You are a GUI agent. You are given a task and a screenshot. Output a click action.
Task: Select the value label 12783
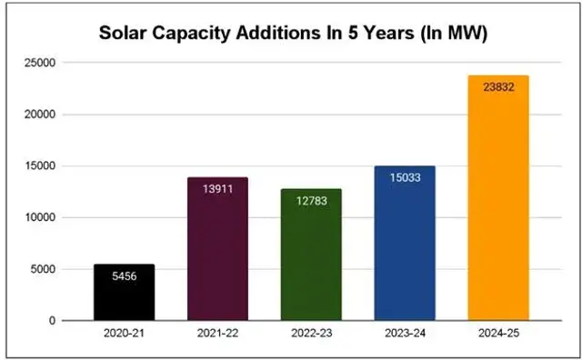pos(311,200)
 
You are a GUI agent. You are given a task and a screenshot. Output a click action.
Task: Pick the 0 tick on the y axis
pos(52,321)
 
